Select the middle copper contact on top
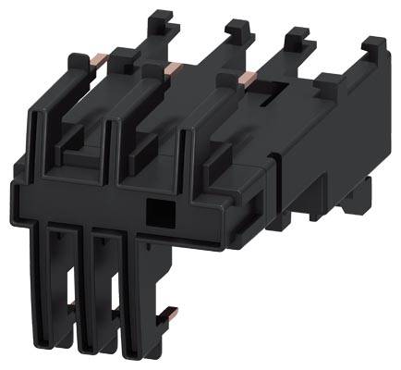pyautogui.click(x=173, y=67)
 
